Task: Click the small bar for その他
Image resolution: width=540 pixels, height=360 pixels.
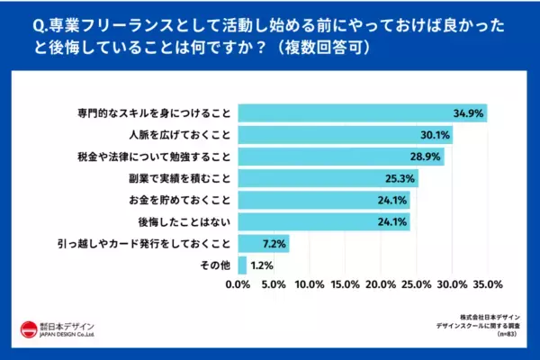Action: pos(241,265)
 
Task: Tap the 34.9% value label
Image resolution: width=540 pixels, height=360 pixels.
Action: pos(468,113)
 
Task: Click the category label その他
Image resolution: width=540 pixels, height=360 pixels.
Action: pos(216,265)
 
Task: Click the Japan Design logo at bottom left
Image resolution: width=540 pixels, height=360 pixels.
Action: pos(58,329)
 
